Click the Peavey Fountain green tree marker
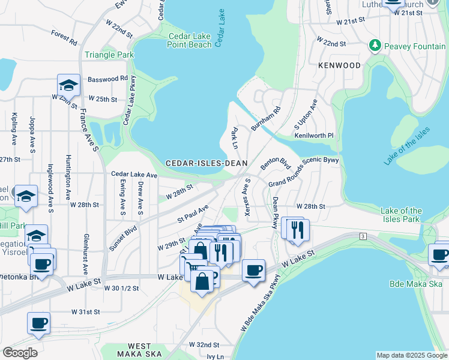(375, 46)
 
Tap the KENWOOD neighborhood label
(340, 65)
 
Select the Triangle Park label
(109, 55)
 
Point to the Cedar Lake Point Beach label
(190, 40)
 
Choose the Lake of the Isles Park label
(402, 215)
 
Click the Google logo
(20, 352)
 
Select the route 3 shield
(363, 237)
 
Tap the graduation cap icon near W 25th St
(69, 85)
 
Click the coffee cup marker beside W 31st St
(39, 323)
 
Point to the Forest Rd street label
(64, 38)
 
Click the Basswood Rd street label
(107, 79)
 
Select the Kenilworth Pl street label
(313, 136)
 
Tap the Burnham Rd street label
(270, 119)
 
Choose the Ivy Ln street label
(214, 356)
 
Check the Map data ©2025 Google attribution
(411, 355)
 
